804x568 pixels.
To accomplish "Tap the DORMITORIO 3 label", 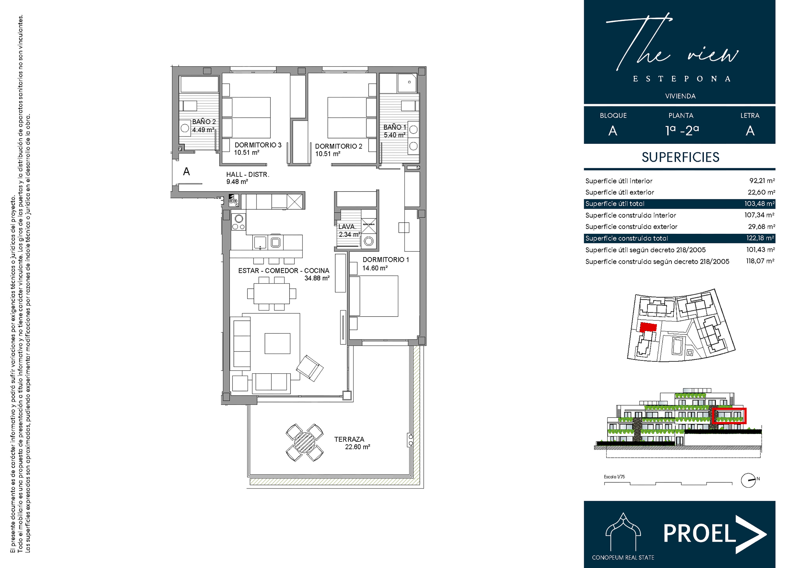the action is coord(258,145).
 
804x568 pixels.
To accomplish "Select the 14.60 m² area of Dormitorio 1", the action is coord(375,268).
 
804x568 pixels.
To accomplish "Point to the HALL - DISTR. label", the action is coord(248,174).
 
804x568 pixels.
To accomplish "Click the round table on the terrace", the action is coord(304,442).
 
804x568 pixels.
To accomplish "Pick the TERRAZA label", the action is coord(349,439).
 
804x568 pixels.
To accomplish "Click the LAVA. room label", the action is coord(347,227).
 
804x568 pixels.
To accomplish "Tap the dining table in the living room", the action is coord(272,293).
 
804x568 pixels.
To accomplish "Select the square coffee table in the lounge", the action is coord(277,344).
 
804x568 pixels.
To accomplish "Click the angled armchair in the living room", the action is coord(310,368).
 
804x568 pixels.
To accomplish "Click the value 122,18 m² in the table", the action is coord(760,238).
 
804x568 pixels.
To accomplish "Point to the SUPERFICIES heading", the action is coord(680,157).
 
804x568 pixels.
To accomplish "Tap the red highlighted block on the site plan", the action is coord(648,327).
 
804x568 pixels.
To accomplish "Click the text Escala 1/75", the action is coord(614,477).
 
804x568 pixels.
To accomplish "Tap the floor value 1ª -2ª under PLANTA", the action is coord(682,130).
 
